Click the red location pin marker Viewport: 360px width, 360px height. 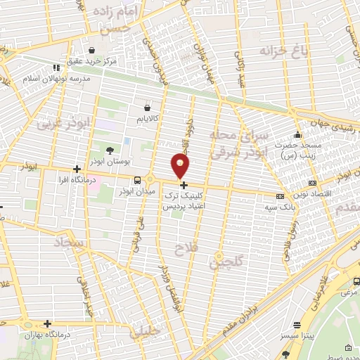pos(181,167)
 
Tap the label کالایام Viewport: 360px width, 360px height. pos(146,119)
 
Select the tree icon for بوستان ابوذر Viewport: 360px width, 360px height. pos(109,150)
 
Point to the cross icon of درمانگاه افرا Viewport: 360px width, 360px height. pos(77,169)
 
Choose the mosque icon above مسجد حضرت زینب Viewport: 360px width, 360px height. pos(297,134)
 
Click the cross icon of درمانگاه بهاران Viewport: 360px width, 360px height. pos(47,323)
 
